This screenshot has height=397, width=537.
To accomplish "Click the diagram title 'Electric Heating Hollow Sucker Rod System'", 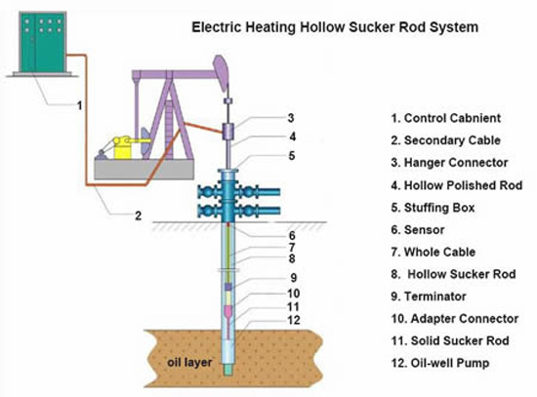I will [x=332, y=28].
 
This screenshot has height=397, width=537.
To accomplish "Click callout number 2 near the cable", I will [x=139, y=215].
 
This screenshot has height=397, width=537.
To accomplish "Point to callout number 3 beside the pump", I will [x=290, y=118].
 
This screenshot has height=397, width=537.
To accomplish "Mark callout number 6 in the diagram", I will [x=290, y=235].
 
